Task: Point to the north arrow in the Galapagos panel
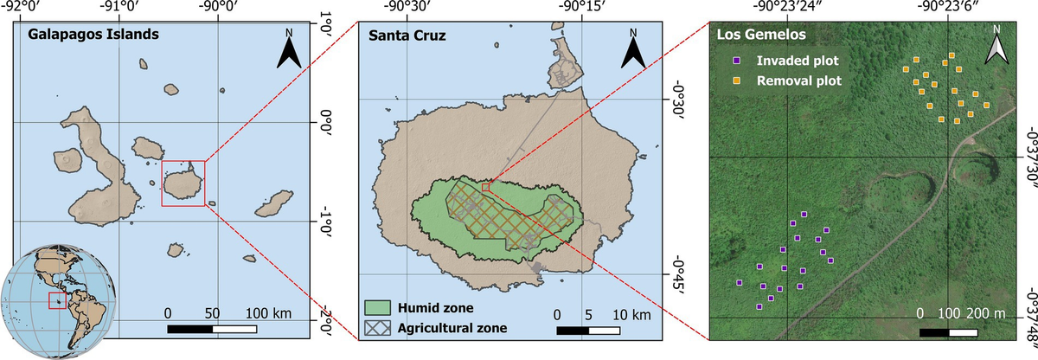[x=288, y=53]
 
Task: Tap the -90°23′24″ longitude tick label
[x=788, y=6]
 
